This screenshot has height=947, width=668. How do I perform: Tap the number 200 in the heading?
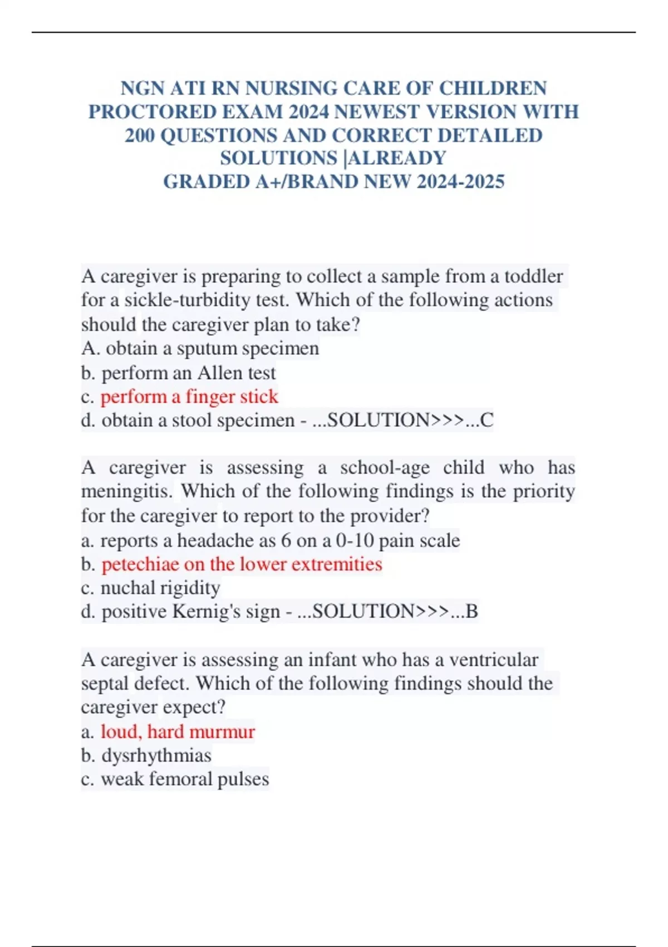click(x=140, y=135)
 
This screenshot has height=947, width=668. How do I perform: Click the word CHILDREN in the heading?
click(x=493, y=89)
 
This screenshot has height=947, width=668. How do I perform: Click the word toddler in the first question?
click(x=533, y=276)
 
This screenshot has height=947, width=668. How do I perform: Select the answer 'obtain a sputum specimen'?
click(x=212, y=349)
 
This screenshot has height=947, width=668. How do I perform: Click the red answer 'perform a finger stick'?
click(x=189, y=397)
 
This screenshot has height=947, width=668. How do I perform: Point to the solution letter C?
click(x=487, y=420)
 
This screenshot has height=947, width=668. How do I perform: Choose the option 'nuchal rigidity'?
click(x=160, y=588)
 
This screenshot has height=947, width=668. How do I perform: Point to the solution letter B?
click(x=471, y=612)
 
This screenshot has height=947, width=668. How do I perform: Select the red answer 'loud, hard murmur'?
click(x=178, y=731)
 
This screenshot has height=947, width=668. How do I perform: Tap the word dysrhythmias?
click(x=156, y=755)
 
